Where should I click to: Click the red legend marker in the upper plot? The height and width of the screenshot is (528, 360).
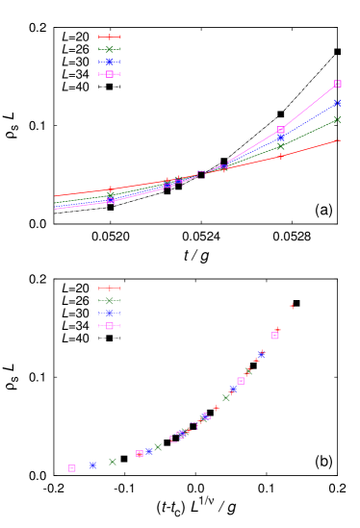point(110,37)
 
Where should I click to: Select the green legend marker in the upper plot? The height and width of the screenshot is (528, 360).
point(110,49)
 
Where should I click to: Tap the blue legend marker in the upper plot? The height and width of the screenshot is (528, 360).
point(110,62)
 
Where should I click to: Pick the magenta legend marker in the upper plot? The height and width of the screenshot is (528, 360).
point(110,74)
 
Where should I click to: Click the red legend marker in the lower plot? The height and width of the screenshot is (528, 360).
point(110,289)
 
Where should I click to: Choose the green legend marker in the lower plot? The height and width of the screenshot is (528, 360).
point(110,301)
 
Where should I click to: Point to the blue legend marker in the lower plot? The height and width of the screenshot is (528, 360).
point(110,314)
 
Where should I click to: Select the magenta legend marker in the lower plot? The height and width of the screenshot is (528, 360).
point(110,326)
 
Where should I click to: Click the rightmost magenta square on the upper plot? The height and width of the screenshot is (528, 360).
point(337,84)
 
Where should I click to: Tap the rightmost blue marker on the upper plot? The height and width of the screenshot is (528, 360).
point(337,103)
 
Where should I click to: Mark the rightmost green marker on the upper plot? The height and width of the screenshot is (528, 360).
point(337,119)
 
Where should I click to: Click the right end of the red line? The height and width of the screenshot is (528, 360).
point(339,140)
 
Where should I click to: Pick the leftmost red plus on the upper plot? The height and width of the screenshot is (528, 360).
point(111,189)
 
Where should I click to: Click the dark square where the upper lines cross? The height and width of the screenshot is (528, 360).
point(201,174)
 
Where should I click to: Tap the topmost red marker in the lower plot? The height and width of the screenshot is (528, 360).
point(292,306)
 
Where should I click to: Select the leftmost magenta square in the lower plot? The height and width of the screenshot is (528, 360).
point(72,468)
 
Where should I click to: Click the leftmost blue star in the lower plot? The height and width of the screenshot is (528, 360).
point(93,465)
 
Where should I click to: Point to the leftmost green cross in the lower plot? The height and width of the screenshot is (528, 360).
point(113,462)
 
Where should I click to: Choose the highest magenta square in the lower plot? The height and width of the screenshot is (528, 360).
point(274,336)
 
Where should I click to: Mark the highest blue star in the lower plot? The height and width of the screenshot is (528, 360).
point(261,355)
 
